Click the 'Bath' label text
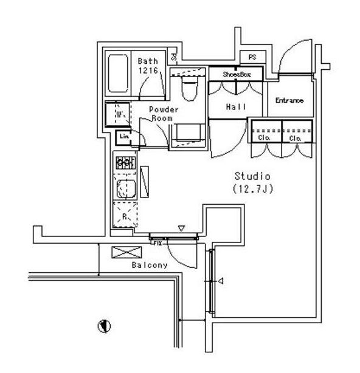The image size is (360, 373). (148, 61)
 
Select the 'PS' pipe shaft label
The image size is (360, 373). (252, 58)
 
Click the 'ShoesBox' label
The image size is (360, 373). (235, 74)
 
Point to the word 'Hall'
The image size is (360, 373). (235, 107)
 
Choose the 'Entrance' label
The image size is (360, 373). (289, 100)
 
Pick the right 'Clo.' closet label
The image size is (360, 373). (296, 138)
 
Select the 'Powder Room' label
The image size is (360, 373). (164, 114)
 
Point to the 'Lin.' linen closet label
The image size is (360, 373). (124, 136)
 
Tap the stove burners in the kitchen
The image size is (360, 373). (125, 162)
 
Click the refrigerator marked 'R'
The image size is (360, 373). (125, 216)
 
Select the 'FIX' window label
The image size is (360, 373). (157, 242)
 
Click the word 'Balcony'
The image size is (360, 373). (150, 265)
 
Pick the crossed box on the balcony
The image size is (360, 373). (120, 252)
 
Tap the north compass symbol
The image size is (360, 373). (105, 326)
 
